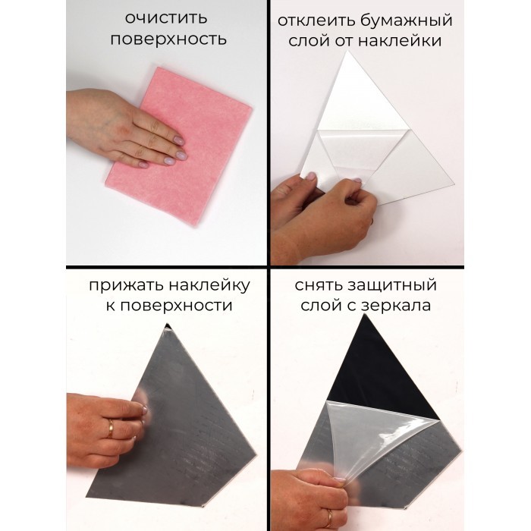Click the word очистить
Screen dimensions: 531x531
click(x=166, y=18)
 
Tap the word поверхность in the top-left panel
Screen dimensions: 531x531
click(x=168, y=40)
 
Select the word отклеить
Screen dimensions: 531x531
click(x=316, y=20)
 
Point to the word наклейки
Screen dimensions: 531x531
click(x=400, y=41)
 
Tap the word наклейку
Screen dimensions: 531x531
click(x=209, y=285)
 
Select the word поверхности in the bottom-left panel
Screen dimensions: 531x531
click(x=176, y=306)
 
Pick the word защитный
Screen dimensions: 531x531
click(x=392, y=286)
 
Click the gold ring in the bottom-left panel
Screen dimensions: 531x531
click(x=111, y=429)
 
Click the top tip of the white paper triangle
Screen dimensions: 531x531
click(x=347, y=51)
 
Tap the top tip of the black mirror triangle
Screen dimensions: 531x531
click(x=365, y=315)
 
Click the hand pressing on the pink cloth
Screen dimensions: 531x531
click(x=125, y=129)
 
